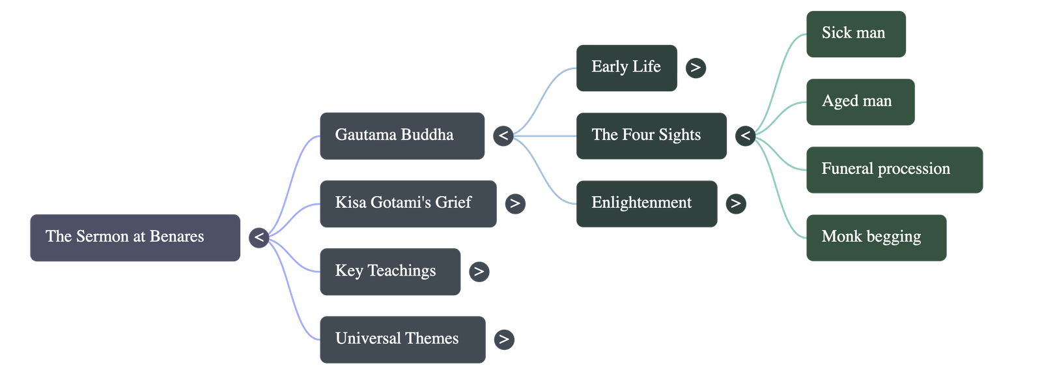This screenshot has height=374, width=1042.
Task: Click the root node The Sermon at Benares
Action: click(135, 237)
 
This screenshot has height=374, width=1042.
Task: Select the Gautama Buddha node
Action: click(402, 136)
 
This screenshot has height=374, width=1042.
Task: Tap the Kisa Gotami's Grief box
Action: click(408, 203)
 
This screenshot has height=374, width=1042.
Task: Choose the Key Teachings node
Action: click(389, 271)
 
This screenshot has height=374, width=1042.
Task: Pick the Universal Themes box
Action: click(402, 339)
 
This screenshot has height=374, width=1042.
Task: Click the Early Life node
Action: click(626, 67)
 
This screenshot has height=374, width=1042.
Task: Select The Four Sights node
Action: click(651, 136)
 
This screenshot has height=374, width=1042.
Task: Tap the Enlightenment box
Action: click(646, 203)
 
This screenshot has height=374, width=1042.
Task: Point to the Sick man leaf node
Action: click(856, 33)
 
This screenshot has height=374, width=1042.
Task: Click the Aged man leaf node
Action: click(860, 102)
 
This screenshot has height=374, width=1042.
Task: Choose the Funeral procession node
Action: click(894, 169)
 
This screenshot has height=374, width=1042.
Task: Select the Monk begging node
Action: click(876, 237)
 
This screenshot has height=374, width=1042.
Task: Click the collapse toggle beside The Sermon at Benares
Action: click(259, 237)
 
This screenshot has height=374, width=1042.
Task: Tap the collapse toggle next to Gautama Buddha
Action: click(503, 136)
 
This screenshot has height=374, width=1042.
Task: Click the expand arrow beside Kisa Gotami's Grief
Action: click(515, 203)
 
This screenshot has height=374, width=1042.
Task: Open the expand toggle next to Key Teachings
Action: click(479, 271)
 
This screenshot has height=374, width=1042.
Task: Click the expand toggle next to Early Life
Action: click(696, 67)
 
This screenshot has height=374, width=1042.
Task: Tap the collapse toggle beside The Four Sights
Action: click(746, 136)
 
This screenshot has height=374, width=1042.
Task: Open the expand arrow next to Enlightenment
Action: click(736, 203)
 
